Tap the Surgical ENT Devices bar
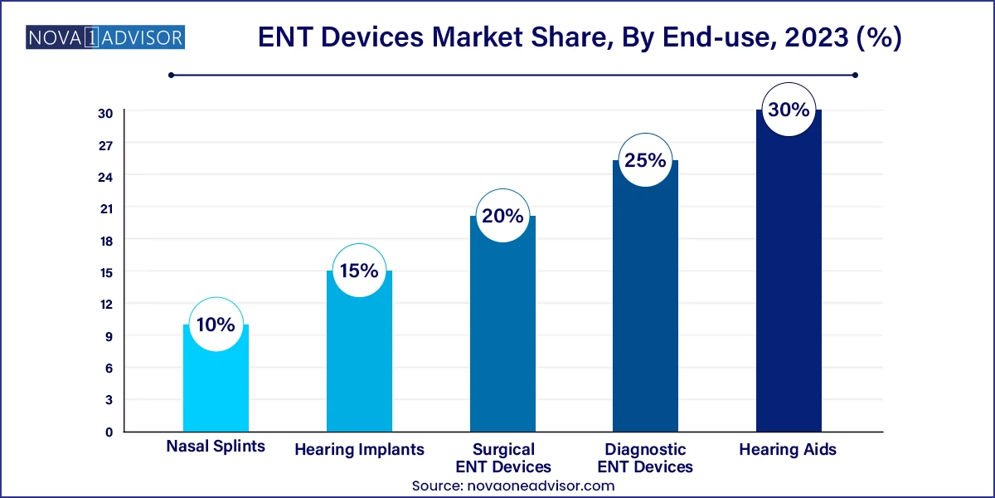502,332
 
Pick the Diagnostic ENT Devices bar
645,307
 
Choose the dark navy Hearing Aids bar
789,282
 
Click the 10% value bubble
216,325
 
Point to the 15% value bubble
359,271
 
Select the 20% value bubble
502,216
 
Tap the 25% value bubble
645,160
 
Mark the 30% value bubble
789,109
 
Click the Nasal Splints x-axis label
216,447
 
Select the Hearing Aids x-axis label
789,450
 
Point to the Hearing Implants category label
359,450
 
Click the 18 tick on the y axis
106,240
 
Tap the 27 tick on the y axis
106,144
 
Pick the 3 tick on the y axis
109,399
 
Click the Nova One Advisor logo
105,37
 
